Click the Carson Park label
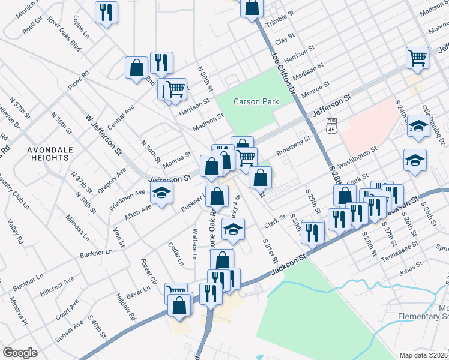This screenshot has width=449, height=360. coord(256,101)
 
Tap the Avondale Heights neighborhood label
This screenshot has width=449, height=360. coord(48,154)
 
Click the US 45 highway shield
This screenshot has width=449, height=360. coord(331,124)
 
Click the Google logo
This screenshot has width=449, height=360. coord(20,352)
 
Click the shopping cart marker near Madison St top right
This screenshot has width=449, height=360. coord(417,58)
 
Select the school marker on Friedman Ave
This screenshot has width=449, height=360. coord(161,194)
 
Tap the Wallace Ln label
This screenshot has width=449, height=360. coord(194,243)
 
